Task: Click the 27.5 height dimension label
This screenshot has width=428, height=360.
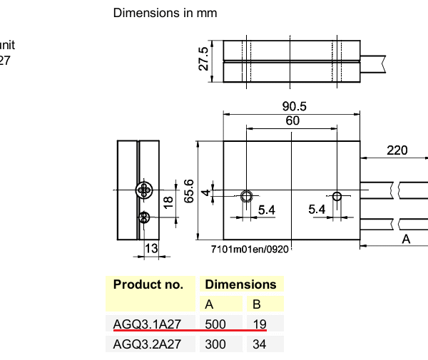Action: [203, 58]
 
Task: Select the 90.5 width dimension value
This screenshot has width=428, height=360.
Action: [294, 106]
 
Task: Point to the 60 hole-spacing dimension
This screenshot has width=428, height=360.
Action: [292, 120]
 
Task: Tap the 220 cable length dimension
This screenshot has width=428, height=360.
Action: [397, 150]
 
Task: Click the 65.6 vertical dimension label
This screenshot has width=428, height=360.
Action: [189, 191]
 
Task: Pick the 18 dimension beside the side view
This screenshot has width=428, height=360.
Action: [168, 202]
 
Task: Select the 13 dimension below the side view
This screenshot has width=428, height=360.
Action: [151, 249]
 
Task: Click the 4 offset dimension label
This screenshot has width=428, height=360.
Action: [206, 192]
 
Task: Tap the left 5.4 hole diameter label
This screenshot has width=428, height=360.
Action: [267, 210]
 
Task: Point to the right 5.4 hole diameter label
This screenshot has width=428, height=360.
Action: [317, 210]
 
